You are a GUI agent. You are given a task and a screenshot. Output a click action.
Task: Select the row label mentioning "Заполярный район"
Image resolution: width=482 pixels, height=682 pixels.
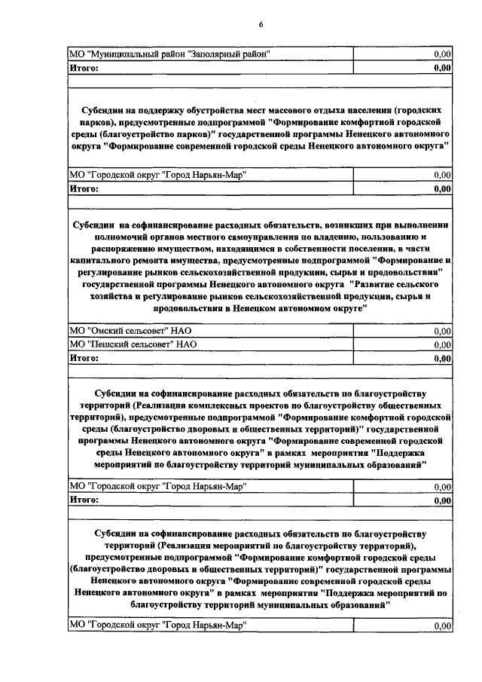[x=169, y=54]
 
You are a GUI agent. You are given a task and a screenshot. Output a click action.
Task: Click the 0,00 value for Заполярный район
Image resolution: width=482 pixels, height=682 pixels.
[x=442, y=54]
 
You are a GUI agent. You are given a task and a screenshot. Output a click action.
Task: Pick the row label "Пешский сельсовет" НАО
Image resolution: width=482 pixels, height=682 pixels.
[x=133, y=344]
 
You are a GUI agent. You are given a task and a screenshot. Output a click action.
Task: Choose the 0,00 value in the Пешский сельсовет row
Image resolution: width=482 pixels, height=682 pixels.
[x=442, y=344]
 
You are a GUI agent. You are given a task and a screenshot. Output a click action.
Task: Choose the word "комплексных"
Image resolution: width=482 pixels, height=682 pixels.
[x=206, y=405]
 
